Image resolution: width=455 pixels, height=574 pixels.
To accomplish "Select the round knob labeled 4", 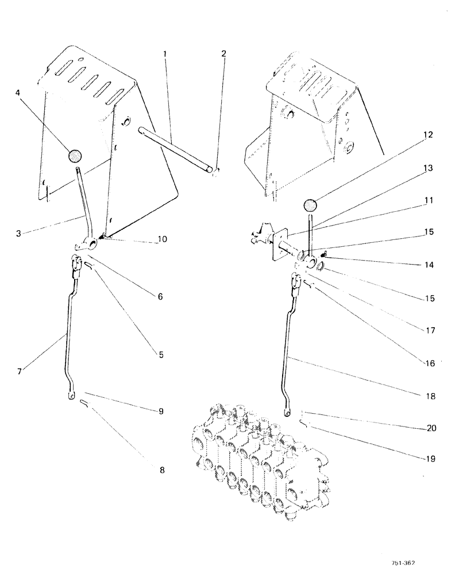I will tap(75, 156).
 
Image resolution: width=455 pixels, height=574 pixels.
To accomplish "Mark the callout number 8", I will tap(161, 470).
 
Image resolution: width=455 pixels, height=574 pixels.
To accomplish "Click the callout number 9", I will tap(162, 411).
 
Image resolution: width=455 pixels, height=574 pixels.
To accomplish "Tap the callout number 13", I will tap(429, 169).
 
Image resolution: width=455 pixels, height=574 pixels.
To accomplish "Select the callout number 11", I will tap(429, 201).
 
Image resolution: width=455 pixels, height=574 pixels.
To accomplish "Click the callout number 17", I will tap(429, 331).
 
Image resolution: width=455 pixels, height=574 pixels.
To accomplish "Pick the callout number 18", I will tap(429, 396).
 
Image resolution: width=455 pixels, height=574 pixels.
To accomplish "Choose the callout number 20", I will tap(429, 428).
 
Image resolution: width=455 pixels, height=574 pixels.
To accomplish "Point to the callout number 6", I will tap(160, 297).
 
